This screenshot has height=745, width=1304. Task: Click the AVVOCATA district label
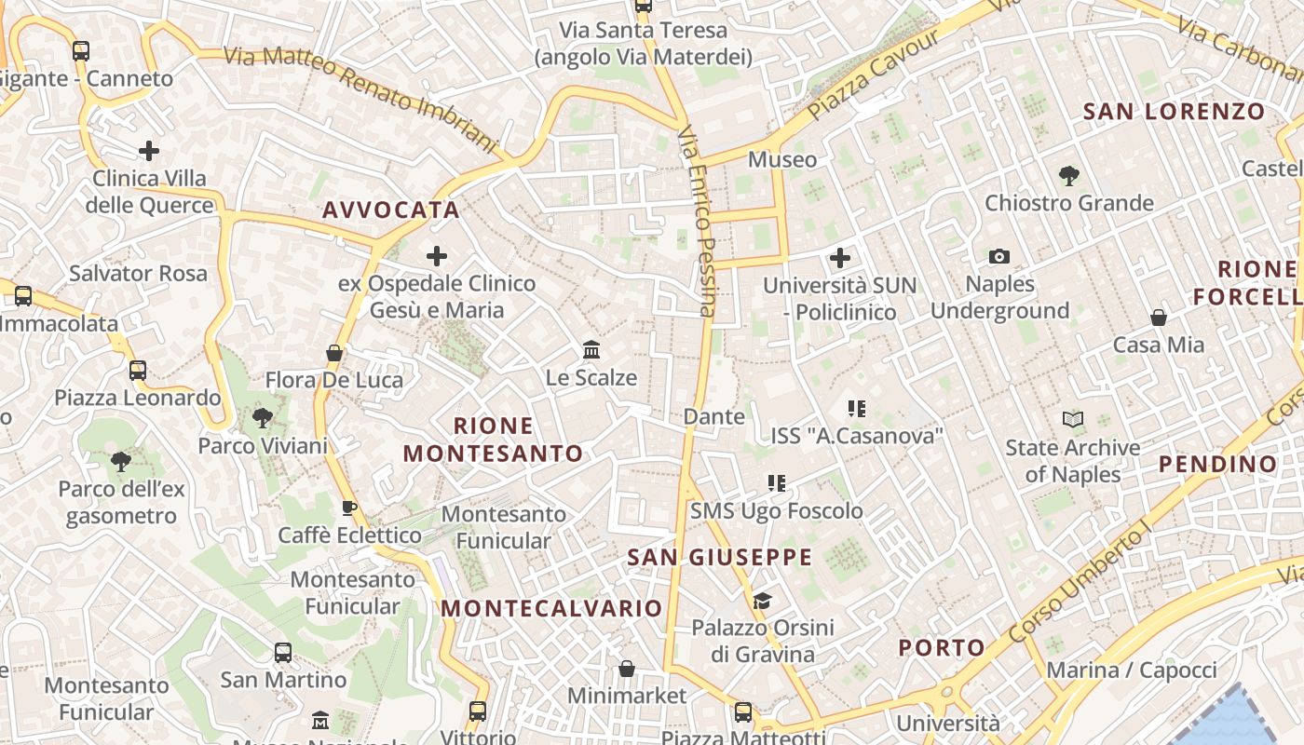(391, 210)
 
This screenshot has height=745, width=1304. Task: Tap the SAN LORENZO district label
(1174, 113)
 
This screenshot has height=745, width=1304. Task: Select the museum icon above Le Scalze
(591, 350)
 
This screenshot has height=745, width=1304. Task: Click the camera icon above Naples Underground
(999, 256)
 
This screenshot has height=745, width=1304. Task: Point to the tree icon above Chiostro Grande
(1069, 174)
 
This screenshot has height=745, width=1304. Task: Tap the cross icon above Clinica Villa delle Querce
(149, 150)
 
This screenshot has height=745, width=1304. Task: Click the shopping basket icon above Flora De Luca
(334, 353)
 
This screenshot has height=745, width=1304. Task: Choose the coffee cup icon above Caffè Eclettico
(349, 508)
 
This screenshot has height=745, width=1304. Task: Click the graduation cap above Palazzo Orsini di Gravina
(762, 601)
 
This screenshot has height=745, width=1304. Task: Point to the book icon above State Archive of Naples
(1073, 420)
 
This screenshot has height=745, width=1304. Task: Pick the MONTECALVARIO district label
(551, 609)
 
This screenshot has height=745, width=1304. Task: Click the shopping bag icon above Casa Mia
(1159, 318)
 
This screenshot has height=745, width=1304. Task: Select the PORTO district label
(942, 648)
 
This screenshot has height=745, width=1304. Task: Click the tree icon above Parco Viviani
(263, 418)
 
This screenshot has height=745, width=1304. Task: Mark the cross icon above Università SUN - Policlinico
(840, 257)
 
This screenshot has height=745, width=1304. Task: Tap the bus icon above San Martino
(283, 652)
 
